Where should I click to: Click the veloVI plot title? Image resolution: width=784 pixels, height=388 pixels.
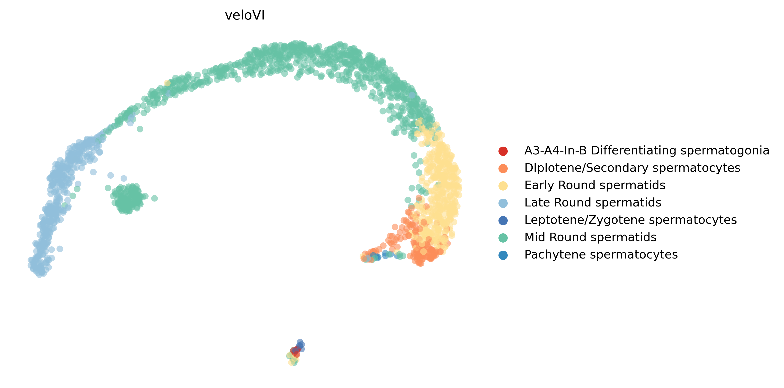pyautogui.click(x=245, y=15)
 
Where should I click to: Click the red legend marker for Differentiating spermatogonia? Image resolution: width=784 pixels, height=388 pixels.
pyautogui.click(x=503, y=151)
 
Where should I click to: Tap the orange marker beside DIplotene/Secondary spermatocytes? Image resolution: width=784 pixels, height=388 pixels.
pyautogui.click(x=503, y=168)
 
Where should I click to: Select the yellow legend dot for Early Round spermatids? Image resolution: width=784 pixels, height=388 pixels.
pyautogui.click(x=503, y=186)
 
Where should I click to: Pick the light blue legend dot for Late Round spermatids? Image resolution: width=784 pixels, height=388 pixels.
pyautogui.click(x=503, y=203)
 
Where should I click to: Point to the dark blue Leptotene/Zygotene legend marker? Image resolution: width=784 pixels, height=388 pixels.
pyautogui.click(x=503, y=220)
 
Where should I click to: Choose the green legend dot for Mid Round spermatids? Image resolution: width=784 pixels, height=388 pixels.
pyautogui.click(x=503, y=238)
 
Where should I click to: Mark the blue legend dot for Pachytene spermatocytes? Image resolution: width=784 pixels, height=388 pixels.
pyautogui.click(x=503, y=255)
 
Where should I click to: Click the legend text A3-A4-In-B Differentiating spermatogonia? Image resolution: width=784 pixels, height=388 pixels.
pyautogui.click(x=647, y=150)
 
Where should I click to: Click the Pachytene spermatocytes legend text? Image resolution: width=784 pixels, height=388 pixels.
pyautogui.click(x=601, y=255)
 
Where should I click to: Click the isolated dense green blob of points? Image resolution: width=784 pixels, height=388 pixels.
pyautogui.click(x=128, y=199)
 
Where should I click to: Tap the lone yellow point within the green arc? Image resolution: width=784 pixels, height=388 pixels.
pyautogui.click(x=167, y=83)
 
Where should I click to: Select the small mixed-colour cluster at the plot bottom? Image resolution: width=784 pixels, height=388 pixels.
pyautogui.click(x=295, y=353)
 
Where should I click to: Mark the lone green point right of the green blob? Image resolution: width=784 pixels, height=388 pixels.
pyautogui.click(x=154, y=198)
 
